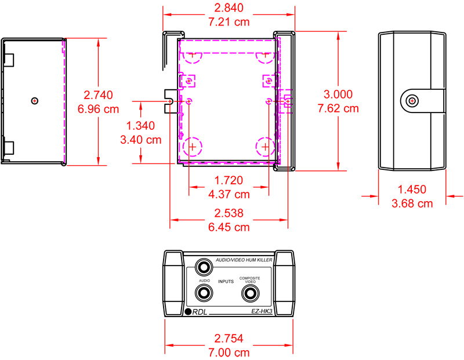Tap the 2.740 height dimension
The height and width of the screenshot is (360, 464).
point(98,95)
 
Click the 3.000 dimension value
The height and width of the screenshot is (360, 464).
point(338,94)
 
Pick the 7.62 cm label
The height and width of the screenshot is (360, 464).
point(338,108)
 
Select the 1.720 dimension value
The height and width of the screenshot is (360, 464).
point(229,180)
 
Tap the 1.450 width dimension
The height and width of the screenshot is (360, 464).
point(412,190)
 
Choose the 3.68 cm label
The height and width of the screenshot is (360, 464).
point(412,203)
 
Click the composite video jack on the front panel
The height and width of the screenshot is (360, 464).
point(249,294)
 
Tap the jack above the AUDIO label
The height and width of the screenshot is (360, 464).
point(204,267)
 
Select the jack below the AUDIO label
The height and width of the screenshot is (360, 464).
point(204,294)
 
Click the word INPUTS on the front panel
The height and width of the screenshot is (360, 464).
point(226,282)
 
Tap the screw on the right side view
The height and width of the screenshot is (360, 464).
point(412,101)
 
